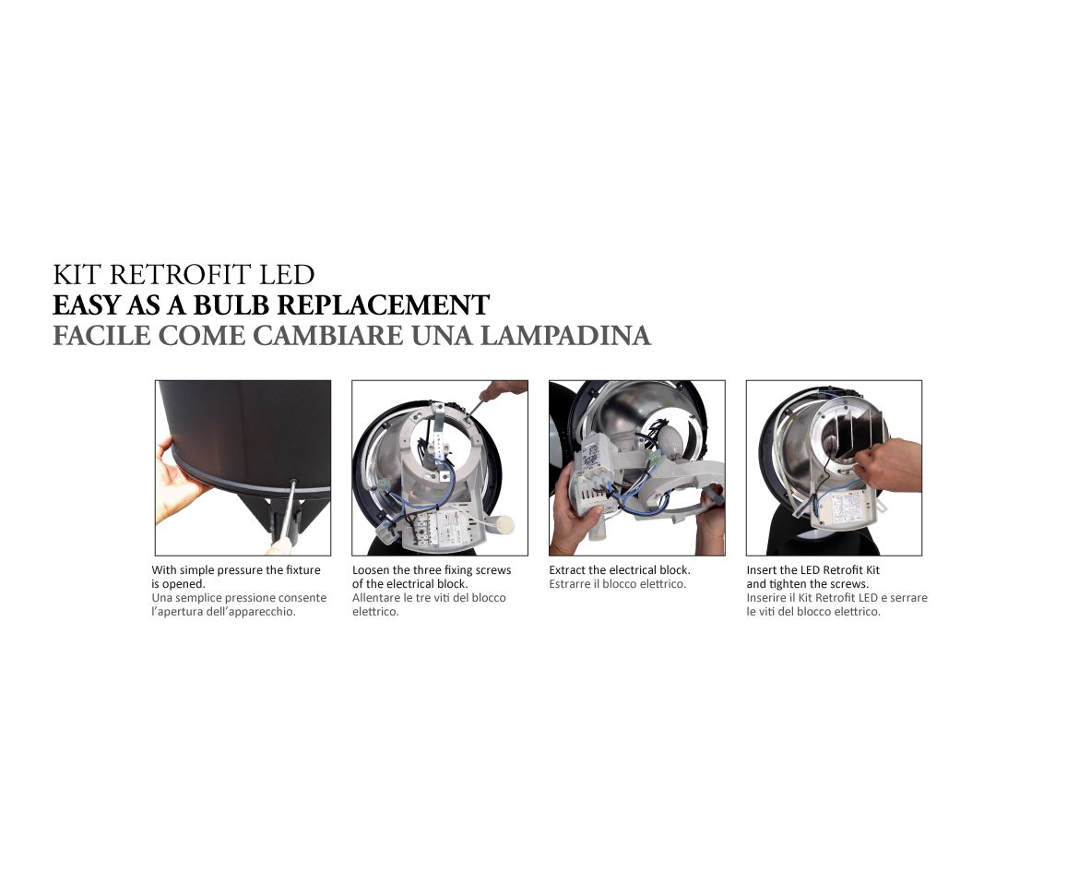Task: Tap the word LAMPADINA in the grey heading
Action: (x=565, y=335)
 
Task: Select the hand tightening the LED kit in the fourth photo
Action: (x=888, y=465)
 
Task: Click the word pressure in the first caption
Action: (x=241, y=571)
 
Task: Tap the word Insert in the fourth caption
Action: (x=762, y=570)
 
